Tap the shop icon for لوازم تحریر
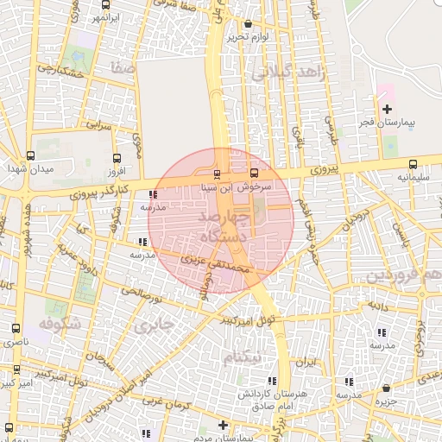[249, 24]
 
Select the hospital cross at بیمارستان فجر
[387, 109]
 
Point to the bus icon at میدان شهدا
[31, 156]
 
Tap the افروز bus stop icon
[117, 157]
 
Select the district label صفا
[122, 66]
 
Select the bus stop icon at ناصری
[16, 329]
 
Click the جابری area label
[154, 325]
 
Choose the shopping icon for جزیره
[385, 388]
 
